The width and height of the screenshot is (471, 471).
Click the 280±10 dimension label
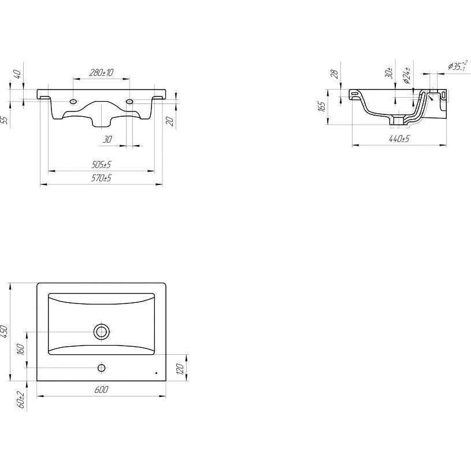101,72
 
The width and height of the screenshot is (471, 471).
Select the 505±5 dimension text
101,165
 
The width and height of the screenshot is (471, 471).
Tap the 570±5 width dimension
101,178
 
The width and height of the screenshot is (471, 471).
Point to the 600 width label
101,390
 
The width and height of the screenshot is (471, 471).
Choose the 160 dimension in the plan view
21,349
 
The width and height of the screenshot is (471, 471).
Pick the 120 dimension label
179,369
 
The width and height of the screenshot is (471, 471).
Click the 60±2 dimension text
21,399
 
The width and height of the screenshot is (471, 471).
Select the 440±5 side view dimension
399,139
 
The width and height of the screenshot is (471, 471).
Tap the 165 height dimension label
321,107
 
